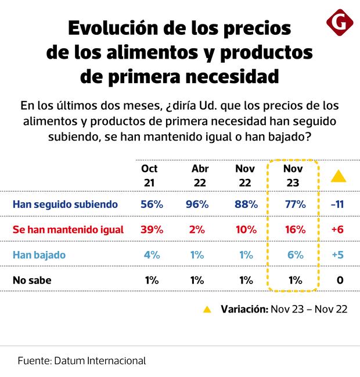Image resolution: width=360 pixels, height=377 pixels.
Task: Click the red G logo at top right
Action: [x=340, y=23]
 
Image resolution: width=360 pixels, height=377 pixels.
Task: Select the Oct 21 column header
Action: [x=149, y=175]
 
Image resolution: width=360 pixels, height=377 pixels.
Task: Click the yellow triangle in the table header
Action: [x=338, y=177]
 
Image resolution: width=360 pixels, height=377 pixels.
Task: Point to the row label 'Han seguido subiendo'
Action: [x=65, y=204]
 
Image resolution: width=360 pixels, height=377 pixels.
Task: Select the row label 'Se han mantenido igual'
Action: [x=68, y=229]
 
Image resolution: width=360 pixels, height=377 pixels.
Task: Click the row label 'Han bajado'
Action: [x=39, y=254]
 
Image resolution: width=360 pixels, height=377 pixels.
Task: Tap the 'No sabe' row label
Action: [x=32, y=280]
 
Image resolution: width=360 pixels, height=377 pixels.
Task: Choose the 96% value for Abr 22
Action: [x=197, y=204]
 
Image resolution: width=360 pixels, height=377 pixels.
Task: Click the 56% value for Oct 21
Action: [x=152, y=204]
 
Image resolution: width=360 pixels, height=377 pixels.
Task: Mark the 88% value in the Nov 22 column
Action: [x=246, y=204]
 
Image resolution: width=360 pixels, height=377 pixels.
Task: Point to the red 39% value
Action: [x=152, y=229]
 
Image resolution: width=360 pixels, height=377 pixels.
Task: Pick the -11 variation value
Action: [x=337, y=204]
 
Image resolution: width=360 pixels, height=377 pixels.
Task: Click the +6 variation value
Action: [x=337, y=229]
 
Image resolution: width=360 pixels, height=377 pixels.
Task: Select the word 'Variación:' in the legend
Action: [x=244, y=309]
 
